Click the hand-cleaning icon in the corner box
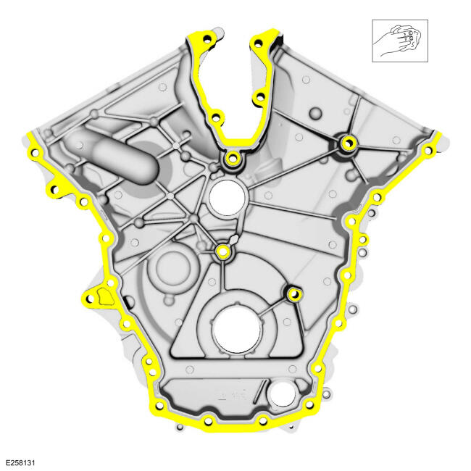tap(400, 41)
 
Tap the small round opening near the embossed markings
tap(282, 395)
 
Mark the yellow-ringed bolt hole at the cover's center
tap(222, 251)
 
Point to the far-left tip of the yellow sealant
tap(28, 135)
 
